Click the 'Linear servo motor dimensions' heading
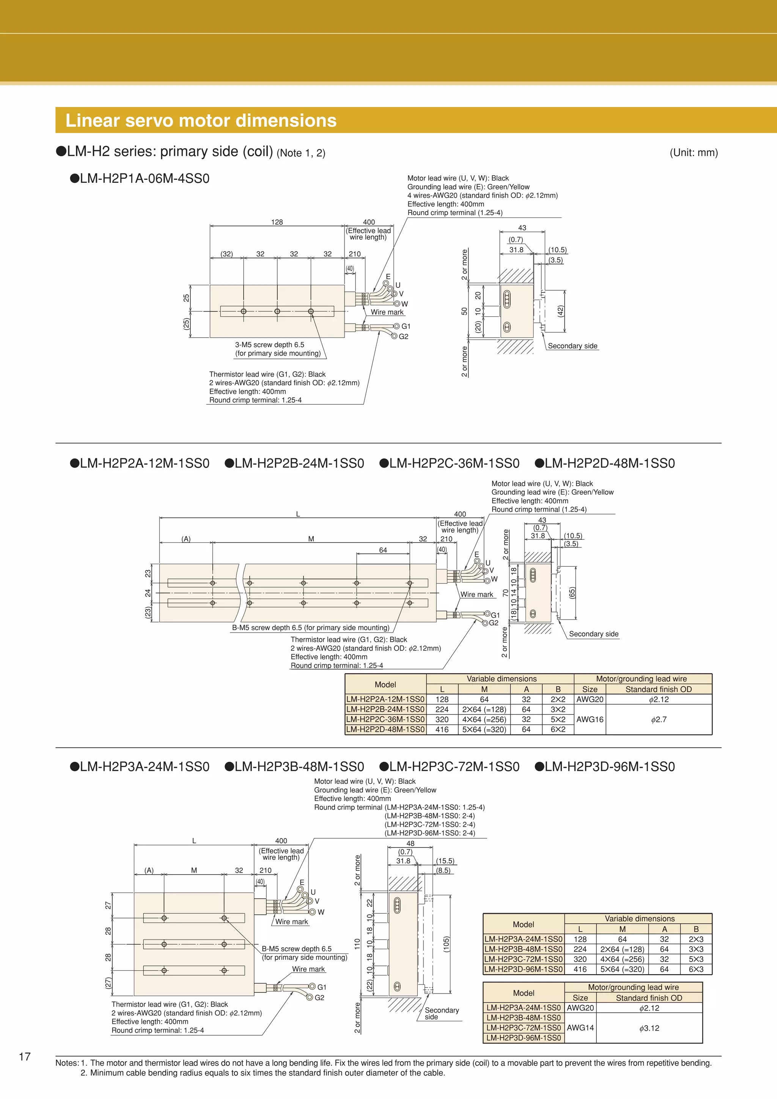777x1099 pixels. coord(201,121)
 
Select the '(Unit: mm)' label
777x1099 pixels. coord(693,153)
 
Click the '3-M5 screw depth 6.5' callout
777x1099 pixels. coord(269,344)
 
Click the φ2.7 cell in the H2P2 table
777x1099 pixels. coord(658,719)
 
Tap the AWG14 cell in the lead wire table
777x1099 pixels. coord(580,1028)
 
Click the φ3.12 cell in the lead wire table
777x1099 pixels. coord(649,1028)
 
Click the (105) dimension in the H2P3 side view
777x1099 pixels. coord(446,944)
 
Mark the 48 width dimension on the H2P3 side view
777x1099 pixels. coord(410,843)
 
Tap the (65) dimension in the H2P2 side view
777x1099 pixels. coord(572,593)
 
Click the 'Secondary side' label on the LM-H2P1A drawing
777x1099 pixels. coord(572,346)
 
